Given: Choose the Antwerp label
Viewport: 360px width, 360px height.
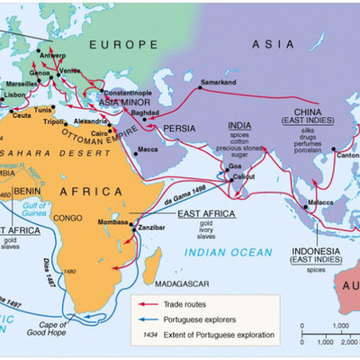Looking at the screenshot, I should [53, 54].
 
